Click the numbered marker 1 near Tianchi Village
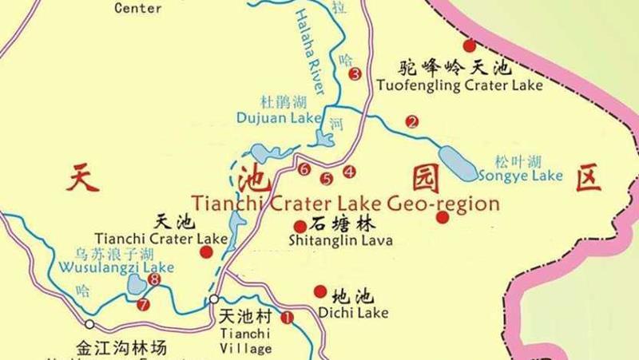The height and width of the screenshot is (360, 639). click(288, 317)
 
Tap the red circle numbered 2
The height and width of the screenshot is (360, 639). click(412, 122)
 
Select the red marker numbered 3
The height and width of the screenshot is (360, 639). click(355, 74)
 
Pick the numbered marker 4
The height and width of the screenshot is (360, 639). click(349, 171)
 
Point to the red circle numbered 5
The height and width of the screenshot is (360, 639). click(326, 178)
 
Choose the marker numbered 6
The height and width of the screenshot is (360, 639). click(304, 169)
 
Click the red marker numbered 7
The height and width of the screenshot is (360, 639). click(143, 304)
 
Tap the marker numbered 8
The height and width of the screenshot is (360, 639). click(154, 279)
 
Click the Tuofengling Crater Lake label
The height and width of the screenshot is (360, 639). click(459, 85)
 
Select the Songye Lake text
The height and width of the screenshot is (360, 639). click(520, 176)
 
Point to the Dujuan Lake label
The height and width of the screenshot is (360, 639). click(278, 118)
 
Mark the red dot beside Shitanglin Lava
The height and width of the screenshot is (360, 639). click(300, 227)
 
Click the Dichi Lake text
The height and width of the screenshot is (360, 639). click(352, 312)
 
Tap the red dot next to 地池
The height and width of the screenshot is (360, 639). click(320, 291)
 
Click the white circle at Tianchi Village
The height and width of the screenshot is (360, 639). click(214, 300)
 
